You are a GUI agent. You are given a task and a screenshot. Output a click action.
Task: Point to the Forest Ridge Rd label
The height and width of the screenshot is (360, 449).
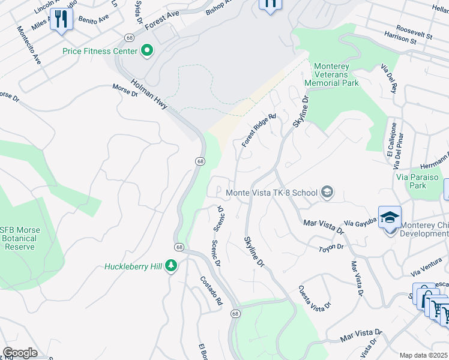(259, 130)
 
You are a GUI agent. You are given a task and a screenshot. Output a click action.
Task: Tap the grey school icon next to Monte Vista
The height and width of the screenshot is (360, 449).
(327, 193)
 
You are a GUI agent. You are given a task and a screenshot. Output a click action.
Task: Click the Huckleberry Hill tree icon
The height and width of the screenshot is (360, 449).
(172, 266)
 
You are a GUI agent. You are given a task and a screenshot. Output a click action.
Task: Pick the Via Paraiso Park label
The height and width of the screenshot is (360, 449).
(419, 181)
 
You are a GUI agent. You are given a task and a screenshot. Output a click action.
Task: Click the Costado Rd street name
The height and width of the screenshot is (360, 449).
(211, 290)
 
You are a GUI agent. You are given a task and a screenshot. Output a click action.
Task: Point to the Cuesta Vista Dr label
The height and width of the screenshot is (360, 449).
(314, 298)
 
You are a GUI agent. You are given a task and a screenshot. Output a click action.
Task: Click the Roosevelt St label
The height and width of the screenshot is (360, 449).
(414, 35)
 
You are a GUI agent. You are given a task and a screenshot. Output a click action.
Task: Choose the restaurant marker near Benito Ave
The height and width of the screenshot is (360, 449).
(61, 19)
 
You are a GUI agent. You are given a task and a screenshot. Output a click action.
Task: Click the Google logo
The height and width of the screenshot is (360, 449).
(20, 353)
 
